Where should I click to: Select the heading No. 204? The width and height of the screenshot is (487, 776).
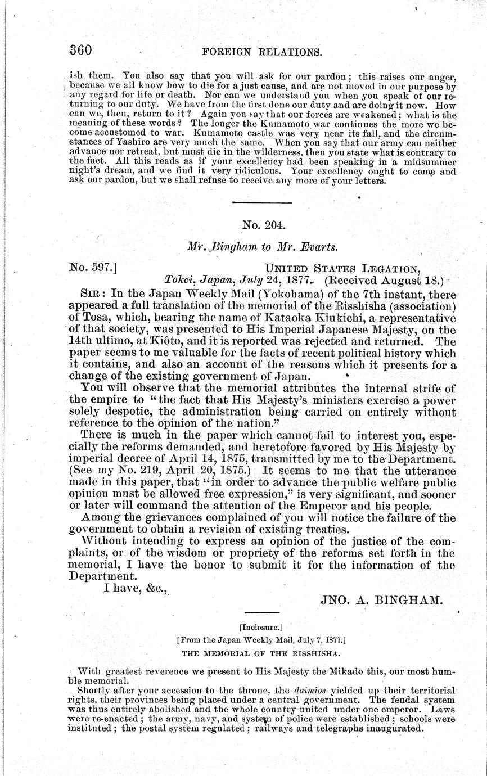pyautogui.click(x=264, y=225)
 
